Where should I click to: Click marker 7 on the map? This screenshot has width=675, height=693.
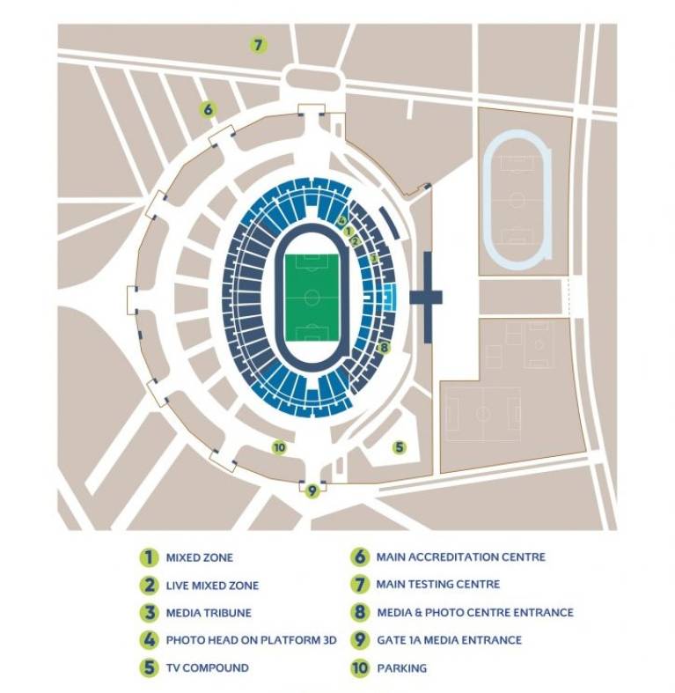pos(258,44)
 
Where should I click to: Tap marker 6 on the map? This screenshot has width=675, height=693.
pos(208,110)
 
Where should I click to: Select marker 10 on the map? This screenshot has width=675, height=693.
pos(279,447)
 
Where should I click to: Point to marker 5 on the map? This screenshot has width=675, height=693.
pos(400,447)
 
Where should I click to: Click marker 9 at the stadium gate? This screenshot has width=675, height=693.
pos(312,490)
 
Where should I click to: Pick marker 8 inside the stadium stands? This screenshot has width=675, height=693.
pos(383,347)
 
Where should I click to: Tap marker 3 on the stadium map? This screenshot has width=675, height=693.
pos(373,259)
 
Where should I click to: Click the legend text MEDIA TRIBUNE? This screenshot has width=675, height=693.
pos(208,613)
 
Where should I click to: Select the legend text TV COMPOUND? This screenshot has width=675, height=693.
pos(207,667)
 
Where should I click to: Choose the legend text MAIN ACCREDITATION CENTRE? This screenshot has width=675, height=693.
pos(460,557)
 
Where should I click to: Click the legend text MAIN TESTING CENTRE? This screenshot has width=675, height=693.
pos(437,584)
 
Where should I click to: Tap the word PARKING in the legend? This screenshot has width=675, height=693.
pos(401,668)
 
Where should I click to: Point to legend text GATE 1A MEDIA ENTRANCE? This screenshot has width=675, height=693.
pos(449,640)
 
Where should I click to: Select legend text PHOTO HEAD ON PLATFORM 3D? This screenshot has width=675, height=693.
pos(240,640)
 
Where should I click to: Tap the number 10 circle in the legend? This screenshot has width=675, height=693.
pos(359,668)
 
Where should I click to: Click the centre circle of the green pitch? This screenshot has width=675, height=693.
pos(312,297)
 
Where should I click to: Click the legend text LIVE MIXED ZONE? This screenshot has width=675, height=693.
pos(212,586)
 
